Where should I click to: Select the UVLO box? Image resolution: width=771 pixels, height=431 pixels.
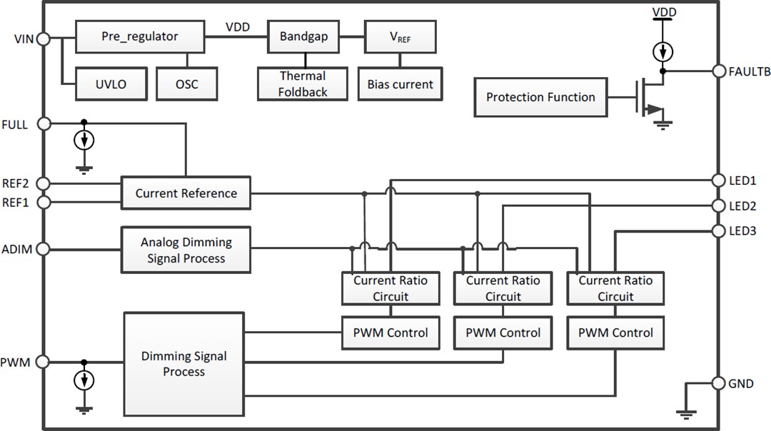pyautogui.click(x=111, y=84)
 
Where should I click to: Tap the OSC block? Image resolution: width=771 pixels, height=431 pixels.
pyautogui.click(x=186, y=84)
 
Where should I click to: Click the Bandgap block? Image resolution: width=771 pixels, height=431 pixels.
pyautogui.click(x=303, y=36)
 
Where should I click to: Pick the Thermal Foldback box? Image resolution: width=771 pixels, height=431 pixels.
pyautogui.click(x=303, y=84)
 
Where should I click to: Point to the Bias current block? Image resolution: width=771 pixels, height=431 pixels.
pyautogui.click(x=400, y=84)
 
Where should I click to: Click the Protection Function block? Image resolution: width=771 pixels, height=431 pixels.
pyautogui.click(x=540, y=97)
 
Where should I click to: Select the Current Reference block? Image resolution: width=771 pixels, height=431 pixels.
pyautogui.click(x=186, y=193)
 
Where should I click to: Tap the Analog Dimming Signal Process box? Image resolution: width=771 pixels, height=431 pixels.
pyautogui.click(x=186, y=250)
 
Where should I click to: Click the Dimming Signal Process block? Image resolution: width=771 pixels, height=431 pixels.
pyautogui.click(x=183, y=363)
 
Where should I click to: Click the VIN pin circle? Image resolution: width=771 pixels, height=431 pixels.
pyautogui.click(x=43, y=39)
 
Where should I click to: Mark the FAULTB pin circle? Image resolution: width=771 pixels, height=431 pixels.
pyautogui.click(x=720, y=71)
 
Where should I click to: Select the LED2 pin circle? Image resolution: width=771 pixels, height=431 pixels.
pyautogui.click(x=720, y=206)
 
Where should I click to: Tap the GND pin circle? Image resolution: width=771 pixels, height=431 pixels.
pyautogui.click(x=720, y=383)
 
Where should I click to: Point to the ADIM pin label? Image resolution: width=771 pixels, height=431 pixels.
pyautogui.click(x=16, y=249)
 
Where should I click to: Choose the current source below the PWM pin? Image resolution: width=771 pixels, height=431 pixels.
pyautogui.click(x=85, y=380)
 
